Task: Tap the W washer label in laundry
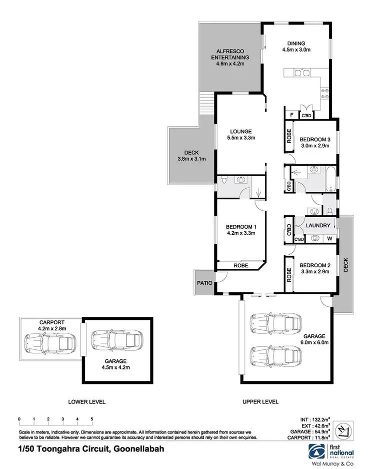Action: point(328,239)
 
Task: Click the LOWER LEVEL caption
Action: point(87,402)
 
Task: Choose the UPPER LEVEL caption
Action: point(261,402)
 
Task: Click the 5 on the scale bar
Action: point(92,418)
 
